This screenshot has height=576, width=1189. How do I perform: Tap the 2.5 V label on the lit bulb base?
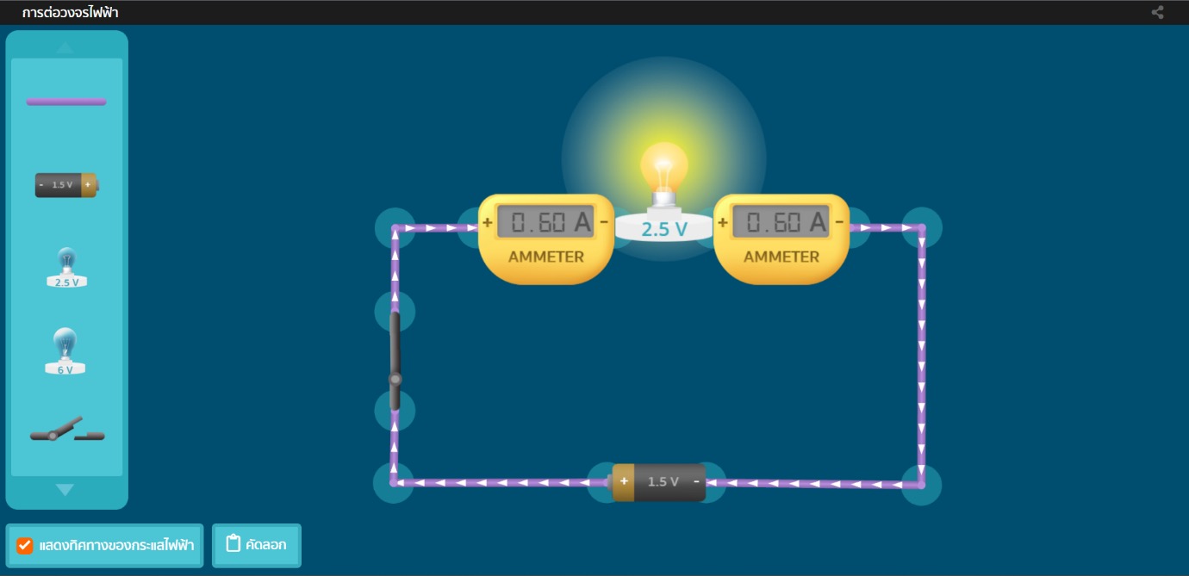click(x=663, y=229)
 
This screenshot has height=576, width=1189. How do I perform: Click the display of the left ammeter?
click(x=546, y=223)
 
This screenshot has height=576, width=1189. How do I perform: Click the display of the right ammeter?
click(x=781, y=223)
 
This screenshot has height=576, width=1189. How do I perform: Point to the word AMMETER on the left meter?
click(x=546, y=257)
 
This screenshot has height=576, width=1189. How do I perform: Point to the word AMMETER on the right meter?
click(x=781, y=257)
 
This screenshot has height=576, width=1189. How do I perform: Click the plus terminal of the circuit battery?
click(x=624, y=481)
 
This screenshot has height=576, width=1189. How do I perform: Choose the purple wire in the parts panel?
click(x=66, y=102)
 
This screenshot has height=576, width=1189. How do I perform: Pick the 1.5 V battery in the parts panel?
click(x=66, y=185)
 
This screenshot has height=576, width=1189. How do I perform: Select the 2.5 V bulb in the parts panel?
click(x=66, y=267)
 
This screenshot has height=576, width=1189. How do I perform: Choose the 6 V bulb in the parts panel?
click(x=65, y=351)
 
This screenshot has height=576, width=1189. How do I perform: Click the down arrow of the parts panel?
click(x=65, y=490)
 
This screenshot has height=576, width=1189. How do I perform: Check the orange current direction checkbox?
click(x=25, y=546)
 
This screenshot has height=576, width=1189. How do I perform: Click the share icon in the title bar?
click(x=1157, y=12)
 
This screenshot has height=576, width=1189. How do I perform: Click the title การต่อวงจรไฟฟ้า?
click(x=71, y=12)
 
